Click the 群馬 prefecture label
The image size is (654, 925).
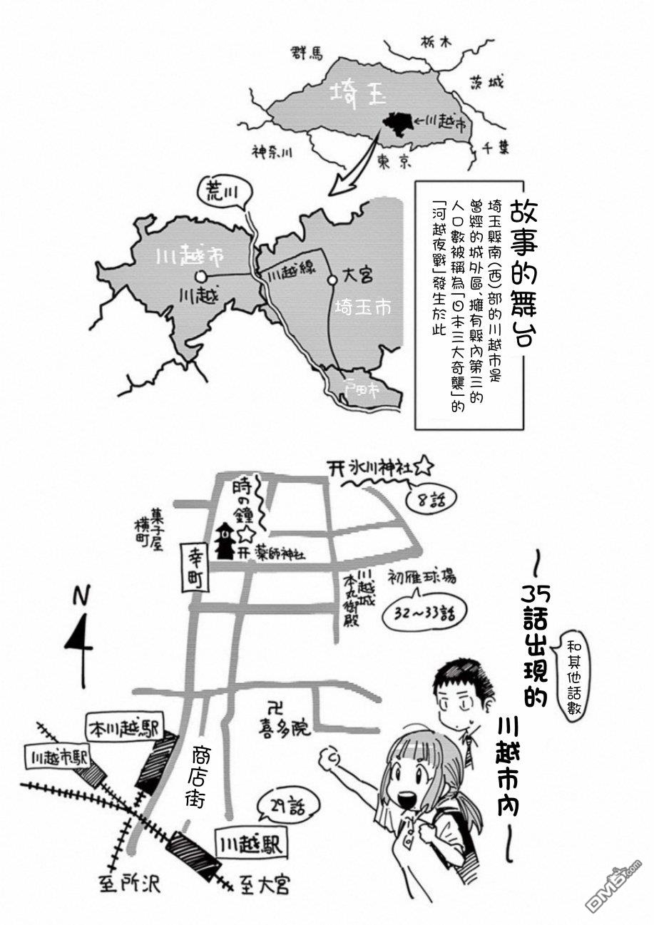point(307,53)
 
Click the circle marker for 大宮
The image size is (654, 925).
point(332,280)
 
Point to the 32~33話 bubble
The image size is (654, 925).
point(424,612)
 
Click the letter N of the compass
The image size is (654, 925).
point(83,596)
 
